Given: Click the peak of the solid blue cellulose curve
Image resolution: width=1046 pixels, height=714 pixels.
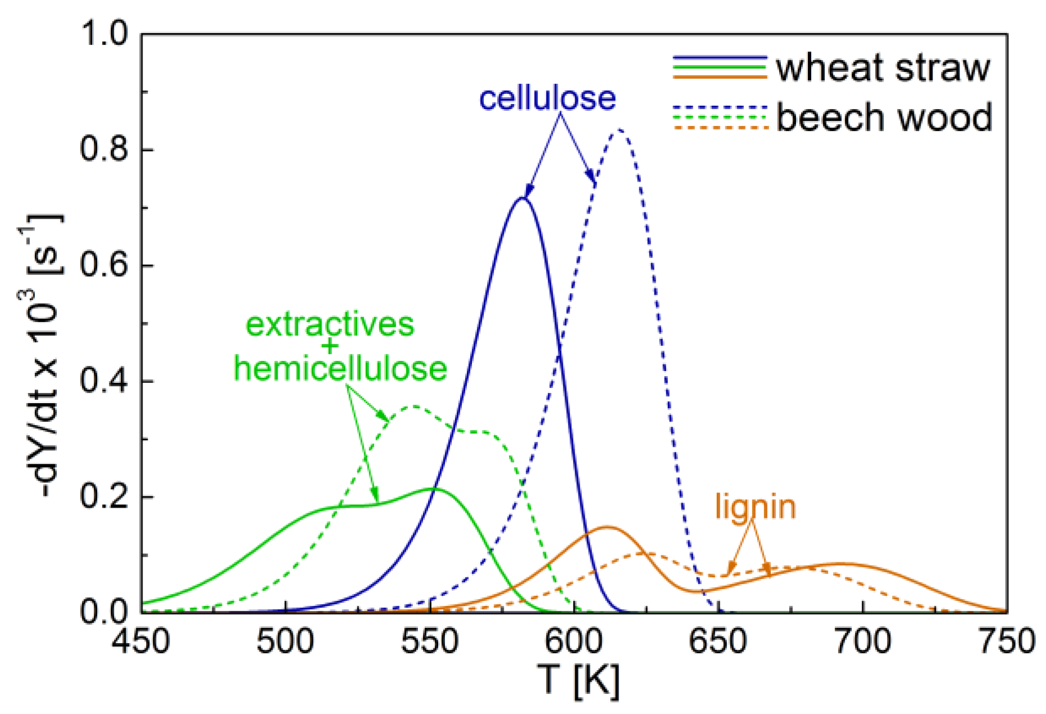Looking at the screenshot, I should (x=522, y=198).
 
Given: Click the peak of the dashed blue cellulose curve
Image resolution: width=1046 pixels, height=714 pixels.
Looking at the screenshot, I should (x=619, y=129).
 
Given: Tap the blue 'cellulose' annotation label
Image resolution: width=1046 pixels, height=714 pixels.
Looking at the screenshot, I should (x=547, y=98).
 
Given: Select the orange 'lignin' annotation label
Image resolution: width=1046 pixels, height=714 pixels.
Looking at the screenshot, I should (x=756, y=507).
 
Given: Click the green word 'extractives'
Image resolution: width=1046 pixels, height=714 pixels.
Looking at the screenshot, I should (x=330, y=324).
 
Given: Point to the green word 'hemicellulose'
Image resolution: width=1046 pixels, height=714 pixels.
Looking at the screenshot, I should (x=340, y=369).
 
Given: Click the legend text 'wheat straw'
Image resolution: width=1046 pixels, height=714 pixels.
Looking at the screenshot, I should (x=883, y=68).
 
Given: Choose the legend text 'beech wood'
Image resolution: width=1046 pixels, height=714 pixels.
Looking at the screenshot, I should (x=884, y=118).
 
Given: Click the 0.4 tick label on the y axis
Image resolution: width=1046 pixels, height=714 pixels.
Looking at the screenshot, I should (x=104, y=381).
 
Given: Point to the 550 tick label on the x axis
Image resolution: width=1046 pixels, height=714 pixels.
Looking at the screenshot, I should (x=430, y=641).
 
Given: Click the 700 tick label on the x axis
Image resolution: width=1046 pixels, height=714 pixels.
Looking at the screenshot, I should (x=862, y=641).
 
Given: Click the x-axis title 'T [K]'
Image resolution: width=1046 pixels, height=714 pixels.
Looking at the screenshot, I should (x=578, y=680).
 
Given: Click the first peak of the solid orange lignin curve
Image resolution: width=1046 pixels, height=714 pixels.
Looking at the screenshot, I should (x=607, y=527).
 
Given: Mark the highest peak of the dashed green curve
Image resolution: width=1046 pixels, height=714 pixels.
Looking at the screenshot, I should (x=413, y=406).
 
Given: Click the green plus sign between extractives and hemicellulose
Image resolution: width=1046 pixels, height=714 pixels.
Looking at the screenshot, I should (x=330, y=346).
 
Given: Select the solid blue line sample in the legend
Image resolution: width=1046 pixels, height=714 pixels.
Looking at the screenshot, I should (x=720, y=58).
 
